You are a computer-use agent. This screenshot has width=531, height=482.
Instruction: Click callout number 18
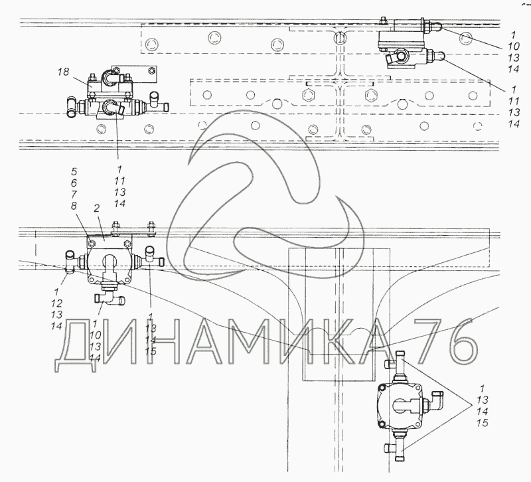(x=63, y=72)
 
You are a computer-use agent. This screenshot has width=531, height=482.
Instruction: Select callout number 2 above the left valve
(x=96, y=208)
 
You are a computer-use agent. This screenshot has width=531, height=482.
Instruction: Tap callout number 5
(x=74, y=171)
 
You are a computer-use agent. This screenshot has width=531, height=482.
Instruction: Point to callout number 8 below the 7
(x=74, y=206)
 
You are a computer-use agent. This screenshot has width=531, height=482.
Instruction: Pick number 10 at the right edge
(x=513, y=46)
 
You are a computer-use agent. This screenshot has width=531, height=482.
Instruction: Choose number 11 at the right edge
(x=513, y=101)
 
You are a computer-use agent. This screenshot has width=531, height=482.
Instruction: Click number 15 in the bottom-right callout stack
(x=483, y=422)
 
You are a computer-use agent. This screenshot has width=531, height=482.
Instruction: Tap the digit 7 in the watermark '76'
(x=431, y=341)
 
